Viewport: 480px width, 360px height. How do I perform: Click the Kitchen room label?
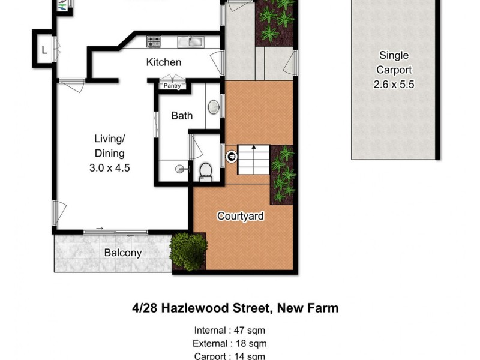[164, 62]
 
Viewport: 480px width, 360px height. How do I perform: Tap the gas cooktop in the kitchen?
[154, 41]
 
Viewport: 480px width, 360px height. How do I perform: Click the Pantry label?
[173, 85]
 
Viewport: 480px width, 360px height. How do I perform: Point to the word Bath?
[182, 115]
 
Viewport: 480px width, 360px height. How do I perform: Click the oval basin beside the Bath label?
[214, 107]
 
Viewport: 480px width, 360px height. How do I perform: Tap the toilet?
[206, 170]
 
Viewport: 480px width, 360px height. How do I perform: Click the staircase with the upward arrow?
[253, 158]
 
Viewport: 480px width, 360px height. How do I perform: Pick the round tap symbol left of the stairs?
[231, 157]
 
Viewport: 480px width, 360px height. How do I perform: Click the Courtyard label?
[241, 216]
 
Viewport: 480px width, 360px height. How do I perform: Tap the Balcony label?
[123, 253]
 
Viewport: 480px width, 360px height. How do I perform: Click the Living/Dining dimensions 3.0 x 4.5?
[109, 168]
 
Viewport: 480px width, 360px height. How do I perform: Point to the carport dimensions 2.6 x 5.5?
[394, 85]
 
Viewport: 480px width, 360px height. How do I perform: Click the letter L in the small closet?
[44, 50]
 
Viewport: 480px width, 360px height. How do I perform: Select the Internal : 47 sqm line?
[230, 330]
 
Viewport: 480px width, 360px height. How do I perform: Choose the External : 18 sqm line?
[230, 343]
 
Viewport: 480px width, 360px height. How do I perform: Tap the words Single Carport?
[394, 62]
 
